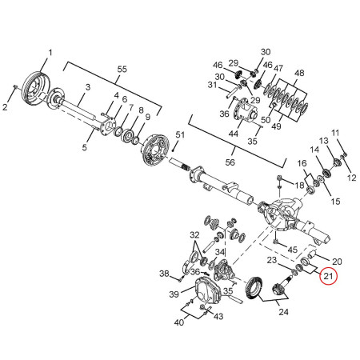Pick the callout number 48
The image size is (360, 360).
(x=299, y=74)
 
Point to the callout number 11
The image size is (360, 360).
(x=336, y=132)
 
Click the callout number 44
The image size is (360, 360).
(x=232, y=133)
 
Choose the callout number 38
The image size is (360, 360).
(x=163, y=274)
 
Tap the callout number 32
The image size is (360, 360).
(x=194, y=234)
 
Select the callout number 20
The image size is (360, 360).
(x=337, y=262)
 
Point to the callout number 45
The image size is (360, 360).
(x=293, y=250)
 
